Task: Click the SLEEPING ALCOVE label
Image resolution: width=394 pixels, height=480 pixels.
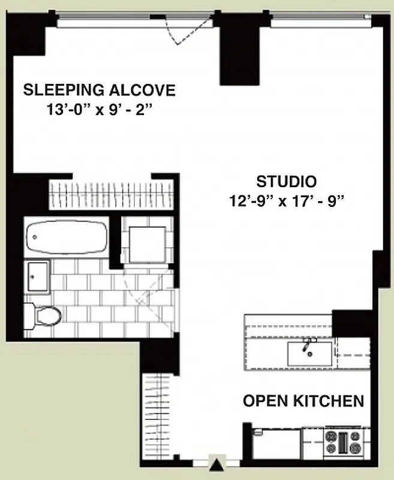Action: pyautogui.click(x=99, y=91)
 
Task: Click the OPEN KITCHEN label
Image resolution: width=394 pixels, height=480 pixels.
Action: pyautogui.click(x=303, y=401)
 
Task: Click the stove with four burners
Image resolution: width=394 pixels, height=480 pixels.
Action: pyautogui.click(x=344, y=442)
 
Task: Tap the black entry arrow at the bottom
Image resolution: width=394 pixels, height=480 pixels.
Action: pyautogui.click(x=216, y=463)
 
